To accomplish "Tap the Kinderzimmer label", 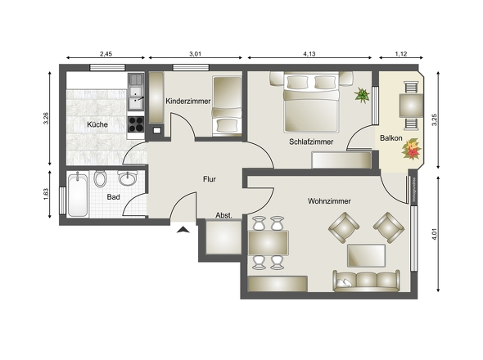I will pos(188,101).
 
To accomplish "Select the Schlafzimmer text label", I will pos(312,141).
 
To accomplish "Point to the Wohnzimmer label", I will pos(330,200).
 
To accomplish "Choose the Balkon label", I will pos(391,138).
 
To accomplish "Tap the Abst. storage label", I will pos(223,215).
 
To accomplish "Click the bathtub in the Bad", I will pos(79,195).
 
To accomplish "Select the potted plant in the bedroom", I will pos(361,96).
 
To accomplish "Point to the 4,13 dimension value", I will pos(309,54).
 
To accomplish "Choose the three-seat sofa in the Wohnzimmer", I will pos(367,281).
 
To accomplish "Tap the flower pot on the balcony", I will pos(412,150).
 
